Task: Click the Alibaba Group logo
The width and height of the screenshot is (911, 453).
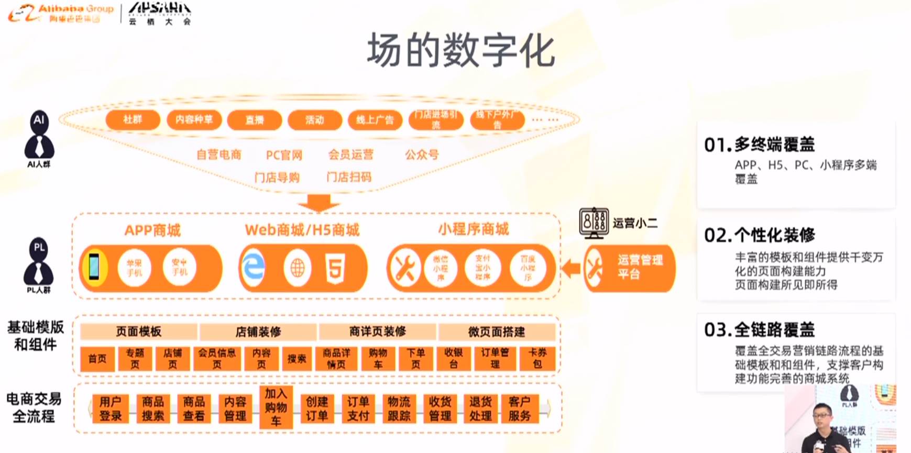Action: [61, 13]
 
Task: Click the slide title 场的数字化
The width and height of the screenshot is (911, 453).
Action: [460, 51]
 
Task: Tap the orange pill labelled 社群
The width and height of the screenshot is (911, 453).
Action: [133, 120]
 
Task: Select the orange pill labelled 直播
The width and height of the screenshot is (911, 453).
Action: [255, 120]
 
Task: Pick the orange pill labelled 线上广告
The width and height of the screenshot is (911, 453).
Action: [375, 120]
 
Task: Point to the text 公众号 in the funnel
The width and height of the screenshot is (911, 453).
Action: [422, 154]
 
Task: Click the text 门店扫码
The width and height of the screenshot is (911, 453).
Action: [349, 177]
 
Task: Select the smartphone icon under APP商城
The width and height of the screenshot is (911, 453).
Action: [94, 267]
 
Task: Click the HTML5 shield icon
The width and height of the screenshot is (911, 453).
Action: [335, 268]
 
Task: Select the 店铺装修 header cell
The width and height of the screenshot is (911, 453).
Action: [258, 332]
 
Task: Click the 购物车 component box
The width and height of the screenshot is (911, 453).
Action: [378, 359]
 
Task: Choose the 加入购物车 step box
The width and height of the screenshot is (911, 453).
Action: [276, 407]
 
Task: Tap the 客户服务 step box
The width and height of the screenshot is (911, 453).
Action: [520, 408]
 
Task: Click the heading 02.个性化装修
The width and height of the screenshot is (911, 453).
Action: [759, 235]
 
